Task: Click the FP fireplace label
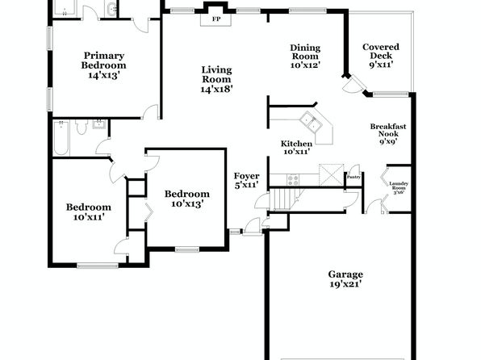216,19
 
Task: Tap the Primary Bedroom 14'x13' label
103,65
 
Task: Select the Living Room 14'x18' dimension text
216,89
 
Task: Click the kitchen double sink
311,122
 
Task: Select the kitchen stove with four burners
293,180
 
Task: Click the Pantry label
353,177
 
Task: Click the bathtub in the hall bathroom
61,138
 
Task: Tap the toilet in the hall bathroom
82,127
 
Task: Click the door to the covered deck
353,83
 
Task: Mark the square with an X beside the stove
332,175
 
